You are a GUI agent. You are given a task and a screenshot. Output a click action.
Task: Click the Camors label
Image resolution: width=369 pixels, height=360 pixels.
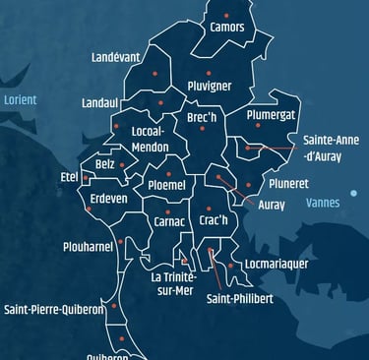coord(227,27)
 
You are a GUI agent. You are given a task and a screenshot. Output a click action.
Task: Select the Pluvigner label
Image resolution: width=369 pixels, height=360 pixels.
coord(209,86)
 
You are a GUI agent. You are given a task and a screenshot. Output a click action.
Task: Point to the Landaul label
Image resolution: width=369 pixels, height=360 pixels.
coord(100,102)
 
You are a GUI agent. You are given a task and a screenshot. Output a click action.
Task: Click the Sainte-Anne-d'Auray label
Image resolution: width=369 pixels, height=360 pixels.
coord(331,148)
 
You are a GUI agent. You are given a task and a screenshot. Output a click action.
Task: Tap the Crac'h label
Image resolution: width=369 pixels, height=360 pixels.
coord(214,220)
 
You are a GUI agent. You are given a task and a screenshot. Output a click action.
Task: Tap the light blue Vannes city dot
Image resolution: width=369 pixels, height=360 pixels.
coord(353,193)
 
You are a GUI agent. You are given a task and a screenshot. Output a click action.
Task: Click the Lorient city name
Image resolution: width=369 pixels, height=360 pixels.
coord(20,100)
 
